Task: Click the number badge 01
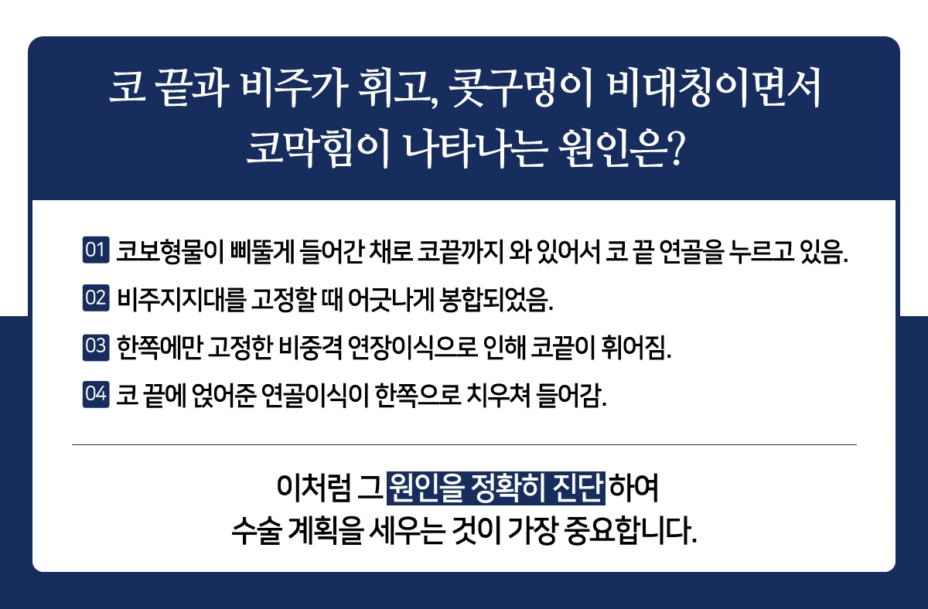click(96, 250)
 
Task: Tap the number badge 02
click(96, 298)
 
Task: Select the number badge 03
click(96, 347)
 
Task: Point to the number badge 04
click(96, 395)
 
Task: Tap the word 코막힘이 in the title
click(318, 149)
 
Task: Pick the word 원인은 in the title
click(612, 149)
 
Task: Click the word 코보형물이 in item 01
click(170, 251)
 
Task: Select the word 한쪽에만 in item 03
click(159, 347)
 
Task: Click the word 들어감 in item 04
click(571, 396)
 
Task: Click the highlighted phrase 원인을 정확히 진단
click(496, 488)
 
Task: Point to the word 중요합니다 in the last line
click(630, 531)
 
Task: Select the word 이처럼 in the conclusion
click(313, 488)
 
